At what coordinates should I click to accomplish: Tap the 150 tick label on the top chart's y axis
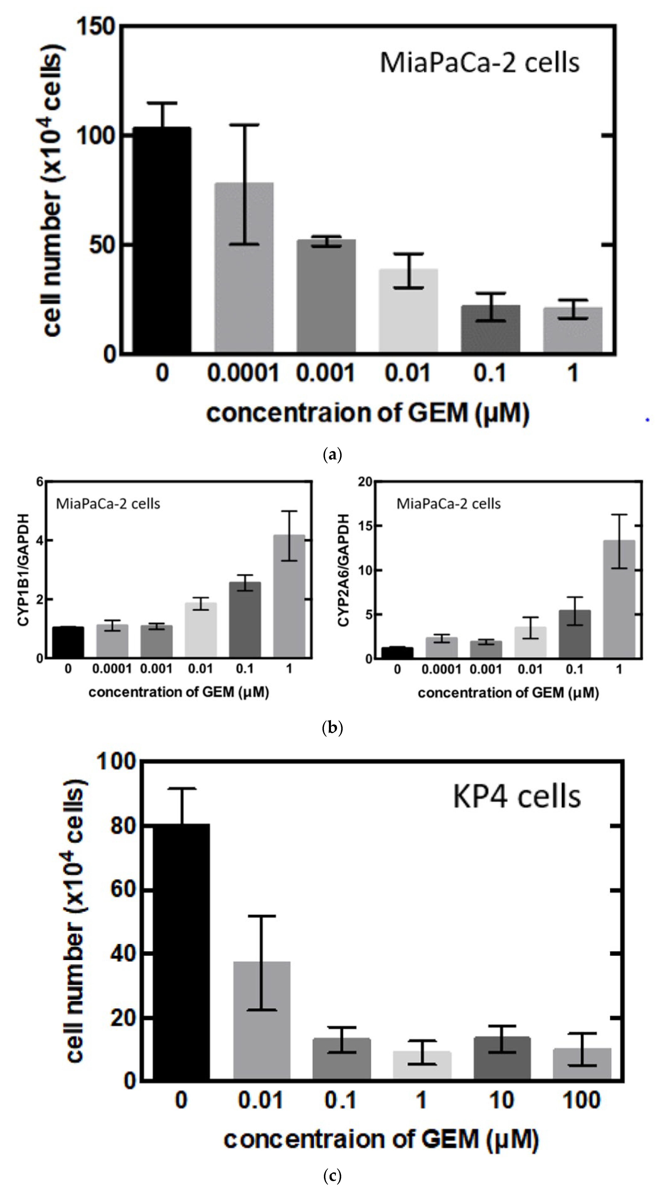click(95, 26)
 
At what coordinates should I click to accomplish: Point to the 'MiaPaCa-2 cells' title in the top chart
click(479, 63)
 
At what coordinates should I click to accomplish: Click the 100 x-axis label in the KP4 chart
click(581, 1100)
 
